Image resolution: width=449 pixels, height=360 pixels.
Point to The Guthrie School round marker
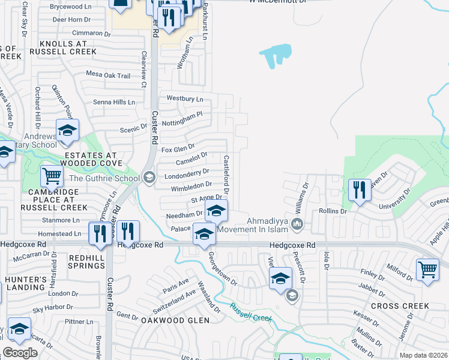149,177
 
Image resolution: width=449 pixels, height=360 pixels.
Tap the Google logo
20,353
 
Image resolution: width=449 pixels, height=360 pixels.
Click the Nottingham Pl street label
184,118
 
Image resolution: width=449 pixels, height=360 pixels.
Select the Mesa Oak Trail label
108,76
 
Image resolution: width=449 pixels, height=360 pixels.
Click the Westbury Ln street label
185,98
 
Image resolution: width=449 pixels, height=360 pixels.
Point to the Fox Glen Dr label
178,147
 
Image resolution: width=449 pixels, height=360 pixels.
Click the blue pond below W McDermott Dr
276,54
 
